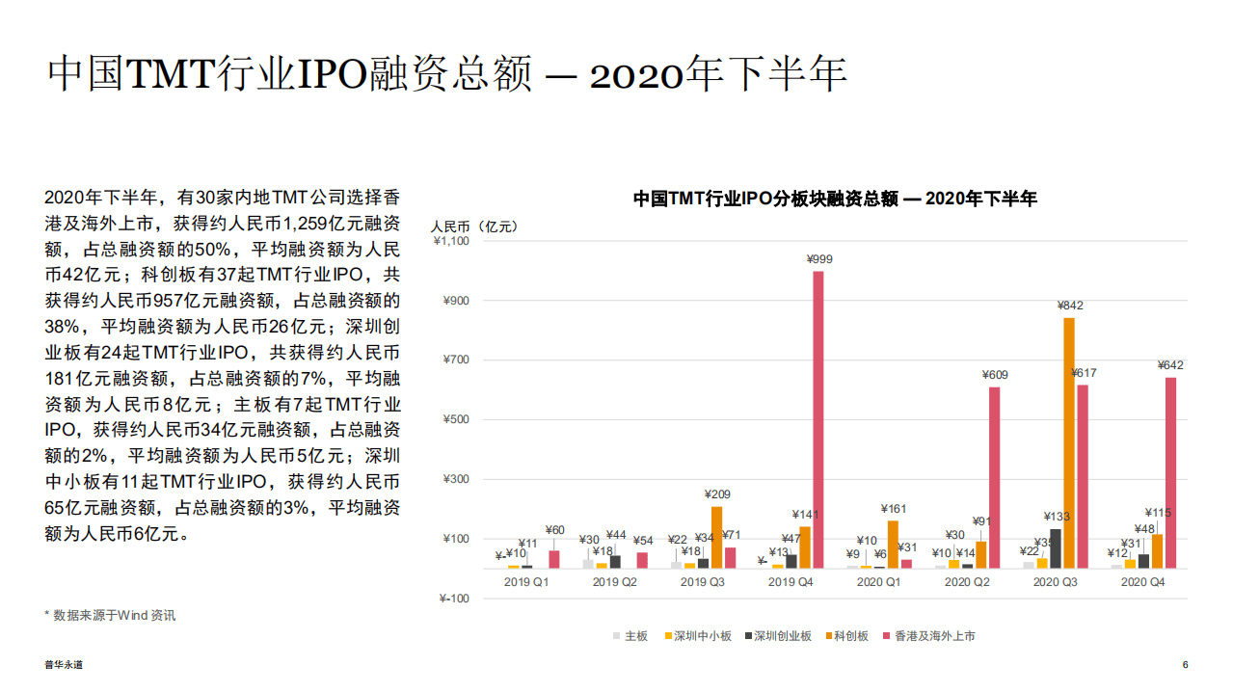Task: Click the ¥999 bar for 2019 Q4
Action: pyautogui.click(x=818, y=419)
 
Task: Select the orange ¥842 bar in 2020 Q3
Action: pyautogui.click(x=1068, y=442)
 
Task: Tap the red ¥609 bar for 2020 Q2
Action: pyautogui.click(x=994, y=477)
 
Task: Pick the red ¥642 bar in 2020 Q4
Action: pyautogui.click(x=1170, y=472)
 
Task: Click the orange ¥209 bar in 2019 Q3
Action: pyautogui.click(x=716, y=537)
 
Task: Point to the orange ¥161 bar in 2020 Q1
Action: pyautogui.click(x=893, y=544)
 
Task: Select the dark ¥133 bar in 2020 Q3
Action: pyautogui.click(x=1055, y=548)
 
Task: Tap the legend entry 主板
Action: pyautogui.click(x=630, y=636)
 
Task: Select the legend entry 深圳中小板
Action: pyautogui.click(x=696, y=636)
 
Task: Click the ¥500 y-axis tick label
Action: pyautogui.click(x=456, y=420)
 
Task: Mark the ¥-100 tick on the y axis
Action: pyautogui.click(x=454, y=599)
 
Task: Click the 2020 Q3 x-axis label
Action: pyautogui.click(x=1060, y=582)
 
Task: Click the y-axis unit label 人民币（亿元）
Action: pyautogui.click(x=474, y=227)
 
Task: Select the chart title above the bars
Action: pyautogui.click(x=835, y=199)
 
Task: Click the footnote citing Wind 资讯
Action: pyautogui.click(x=110, y=614)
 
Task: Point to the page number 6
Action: pyautogui.click(x=1185, y=665)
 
